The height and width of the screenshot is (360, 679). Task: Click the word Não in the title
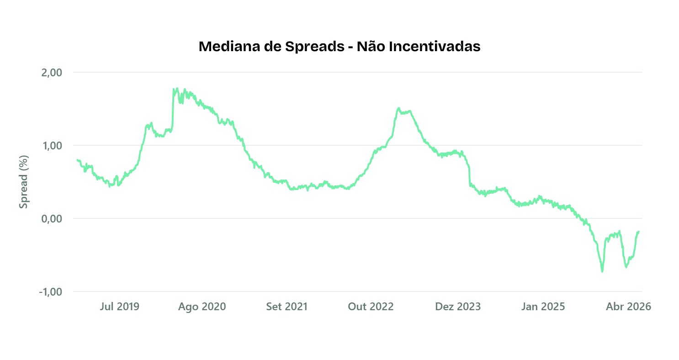(371, 47)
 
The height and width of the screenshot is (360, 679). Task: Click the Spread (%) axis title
(24, 182)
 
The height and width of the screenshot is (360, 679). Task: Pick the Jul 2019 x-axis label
(119, 307)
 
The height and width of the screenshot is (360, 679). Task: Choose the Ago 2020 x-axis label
(202, 307)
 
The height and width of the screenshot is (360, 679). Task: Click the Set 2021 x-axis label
(287, 307)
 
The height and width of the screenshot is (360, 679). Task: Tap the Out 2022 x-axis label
(371, 307)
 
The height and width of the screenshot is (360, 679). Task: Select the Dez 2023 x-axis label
(458, 307)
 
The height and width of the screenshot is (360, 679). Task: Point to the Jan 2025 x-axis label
(543, 307)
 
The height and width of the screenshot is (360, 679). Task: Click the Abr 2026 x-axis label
(628, 307)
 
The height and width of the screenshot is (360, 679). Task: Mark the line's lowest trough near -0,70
(602, 271)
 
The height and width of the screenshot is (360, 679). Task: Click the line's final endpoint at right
(638, 232)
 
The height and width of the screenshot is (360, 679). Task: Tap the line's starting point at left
(77, 160)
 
